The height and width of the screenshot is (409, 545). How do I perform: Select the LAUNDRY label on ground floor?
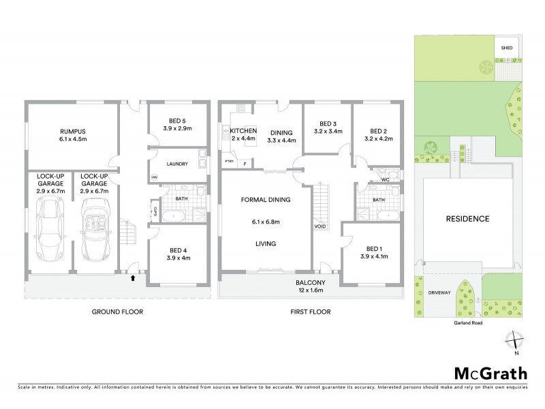tap(176, 164)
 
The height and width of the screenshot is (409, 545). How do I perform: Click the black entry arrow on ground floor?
tap(132, 277)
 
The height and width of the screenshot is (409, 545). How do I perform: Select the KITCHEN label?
tap(243, 131)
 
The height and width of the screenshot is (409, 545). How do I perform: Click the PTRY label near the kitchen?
tap(229, 161)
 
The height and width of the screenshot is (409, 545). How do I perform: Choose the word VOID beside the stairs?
tap(320, 226)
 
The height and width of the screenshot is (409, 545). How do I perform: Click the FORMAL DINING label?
tap(266, 200)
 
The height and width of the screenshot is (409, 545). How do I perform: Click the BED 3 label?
tap(326, 123)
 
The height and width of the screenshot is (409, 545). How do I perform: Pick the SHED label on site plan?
tap(506, 48)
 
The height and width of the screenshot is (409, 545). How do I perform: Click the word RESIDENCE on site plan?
tap(467, 219)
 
